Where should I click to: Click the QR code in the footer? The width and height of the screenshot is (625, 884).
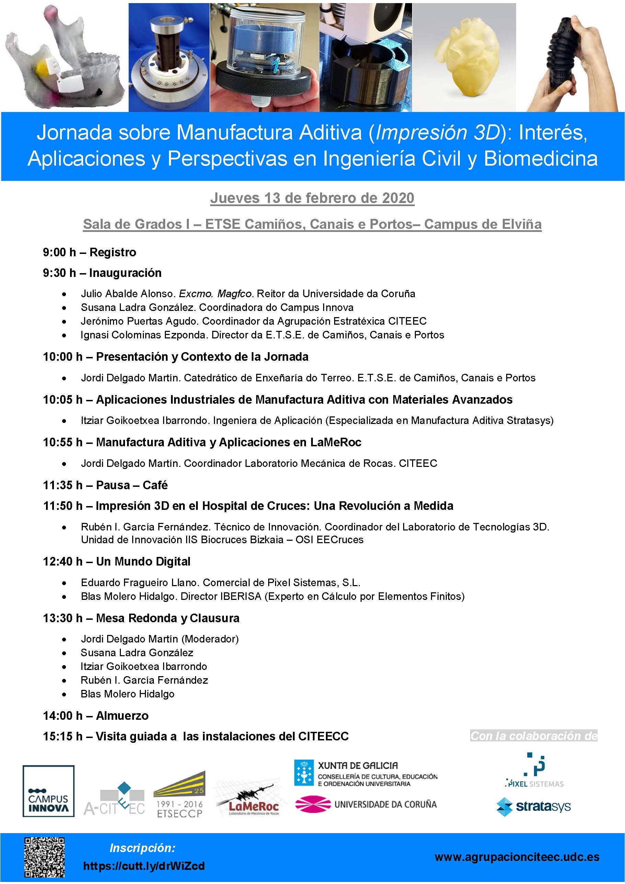pyautogui.click(x=44, y=857)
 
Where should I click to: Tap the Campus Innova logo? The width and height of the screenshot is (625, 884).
pyautogui.click(x=48, y=791)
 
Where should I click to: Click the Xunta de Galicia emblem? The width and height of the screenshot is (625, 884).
pyautogui.click(x=304, y=772)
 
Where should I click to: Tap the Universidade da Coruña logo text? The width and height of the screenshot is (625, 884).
pyautogui.click(x=385, y=804)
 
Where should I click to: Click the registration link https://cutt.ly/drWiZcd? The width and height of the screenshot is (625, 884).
pyautogui.click(x=144, y=866)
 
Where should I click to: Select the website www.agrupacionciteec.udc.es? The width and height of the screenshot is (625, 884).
pyautogui.click(x=517, y=857)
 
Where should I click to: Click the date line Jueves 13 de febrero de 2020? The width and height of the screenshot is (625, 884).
pyautogui.click(x=312, y=198)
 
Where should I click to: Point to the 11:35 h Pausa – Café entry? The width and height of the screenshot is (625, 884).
pyautogui.click(x=105, y=485)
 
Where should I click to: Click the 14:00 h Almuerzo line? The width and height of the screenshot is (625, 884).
pyautogui.click(x=95, y=716)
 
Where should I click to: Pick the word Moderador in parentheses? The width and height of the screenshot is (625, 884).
pyautogui.click(x=210, y=639)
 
